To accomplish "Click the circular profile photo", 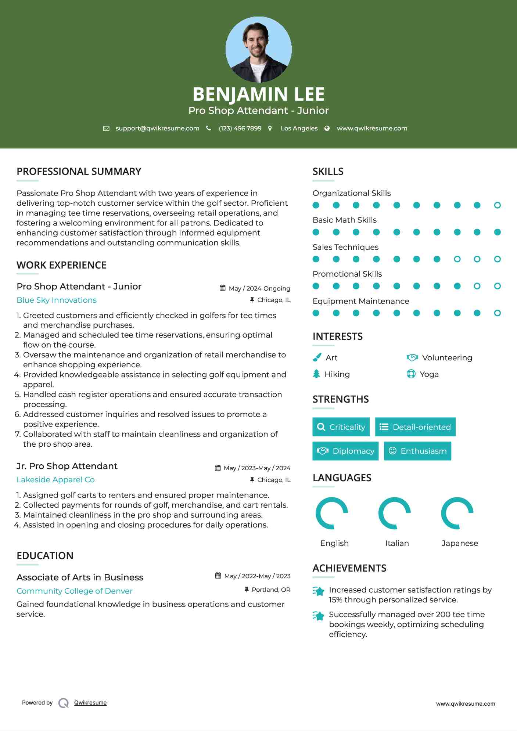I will (x=258, y=49).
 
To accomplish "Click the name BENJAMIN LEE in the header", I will (x=258, y=94).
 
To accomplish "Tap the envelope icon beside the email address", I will (x=106, y=129).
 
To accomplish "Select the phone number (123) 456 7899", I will (x=240, y=129).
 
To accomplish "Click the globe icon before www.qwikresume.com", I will (x=327, y=129).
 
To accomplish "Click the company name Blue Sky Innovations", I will (x=57, y=300).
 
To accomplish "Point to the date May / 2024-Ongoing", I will (x=259, y=288).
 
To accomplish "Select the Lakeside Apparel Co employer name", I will (x=55, y=480).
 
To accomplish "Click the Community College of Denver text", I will (x=74, y=591).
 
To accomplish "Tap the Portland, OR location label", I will (x=271, y=590).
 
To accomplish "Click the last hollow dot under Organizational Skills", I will (x=497, y=205).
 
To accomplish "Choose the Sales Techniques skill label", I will (x=345, y=247).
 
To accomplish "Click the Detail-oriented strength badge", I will (x=415, y=427).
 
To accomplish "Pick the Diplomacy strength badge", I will (x=345, y=451).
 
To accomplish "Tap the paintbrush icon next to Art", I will (x=317, y=357).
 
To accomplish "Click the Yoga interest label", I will (x=429, y=374).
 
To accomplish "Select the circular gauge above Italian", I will (x=394, y=513).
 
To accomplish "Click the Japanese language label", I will (x=460, y=543).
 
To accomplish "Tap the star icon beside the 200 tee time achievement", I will (x=318, y=616).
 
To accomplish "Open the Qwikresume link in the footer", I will (x=90, y=703).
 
